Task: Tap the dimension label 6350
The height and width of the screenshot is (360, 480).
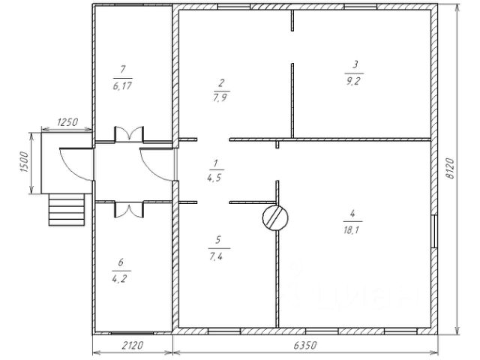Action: point(304,346)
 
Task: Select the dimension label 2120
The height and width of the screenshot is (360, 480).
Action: point(133,346)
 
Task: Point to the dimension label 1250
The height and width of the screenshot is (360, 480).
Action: point(66,122)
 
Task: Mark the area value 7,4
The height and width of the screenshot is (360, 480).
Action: point(218,256)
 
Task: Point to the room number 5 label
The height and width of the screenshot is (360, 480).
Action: point(218,240)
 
